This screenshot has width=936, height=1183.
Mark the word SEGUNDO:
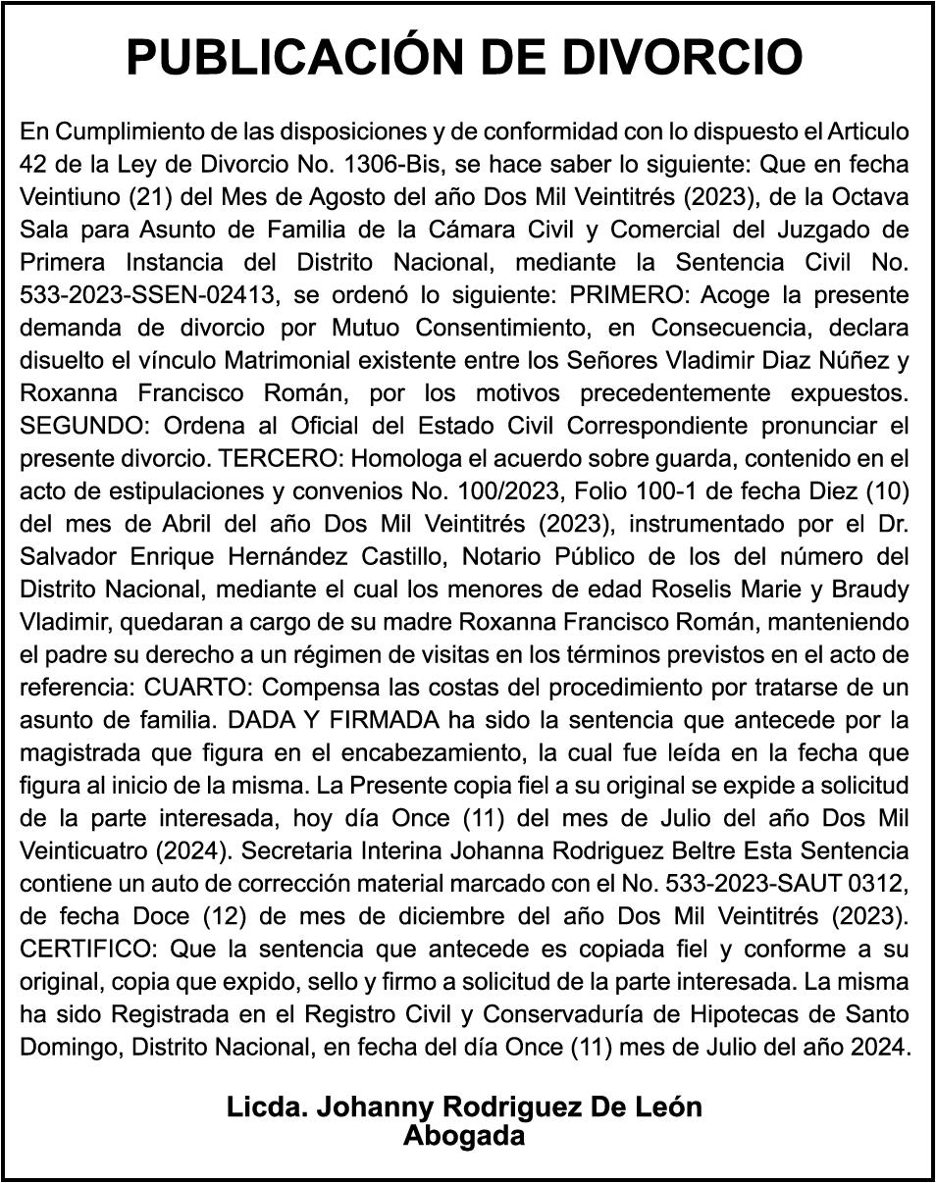81,426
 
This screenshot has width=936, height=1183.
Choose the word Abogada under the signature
464,1136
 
